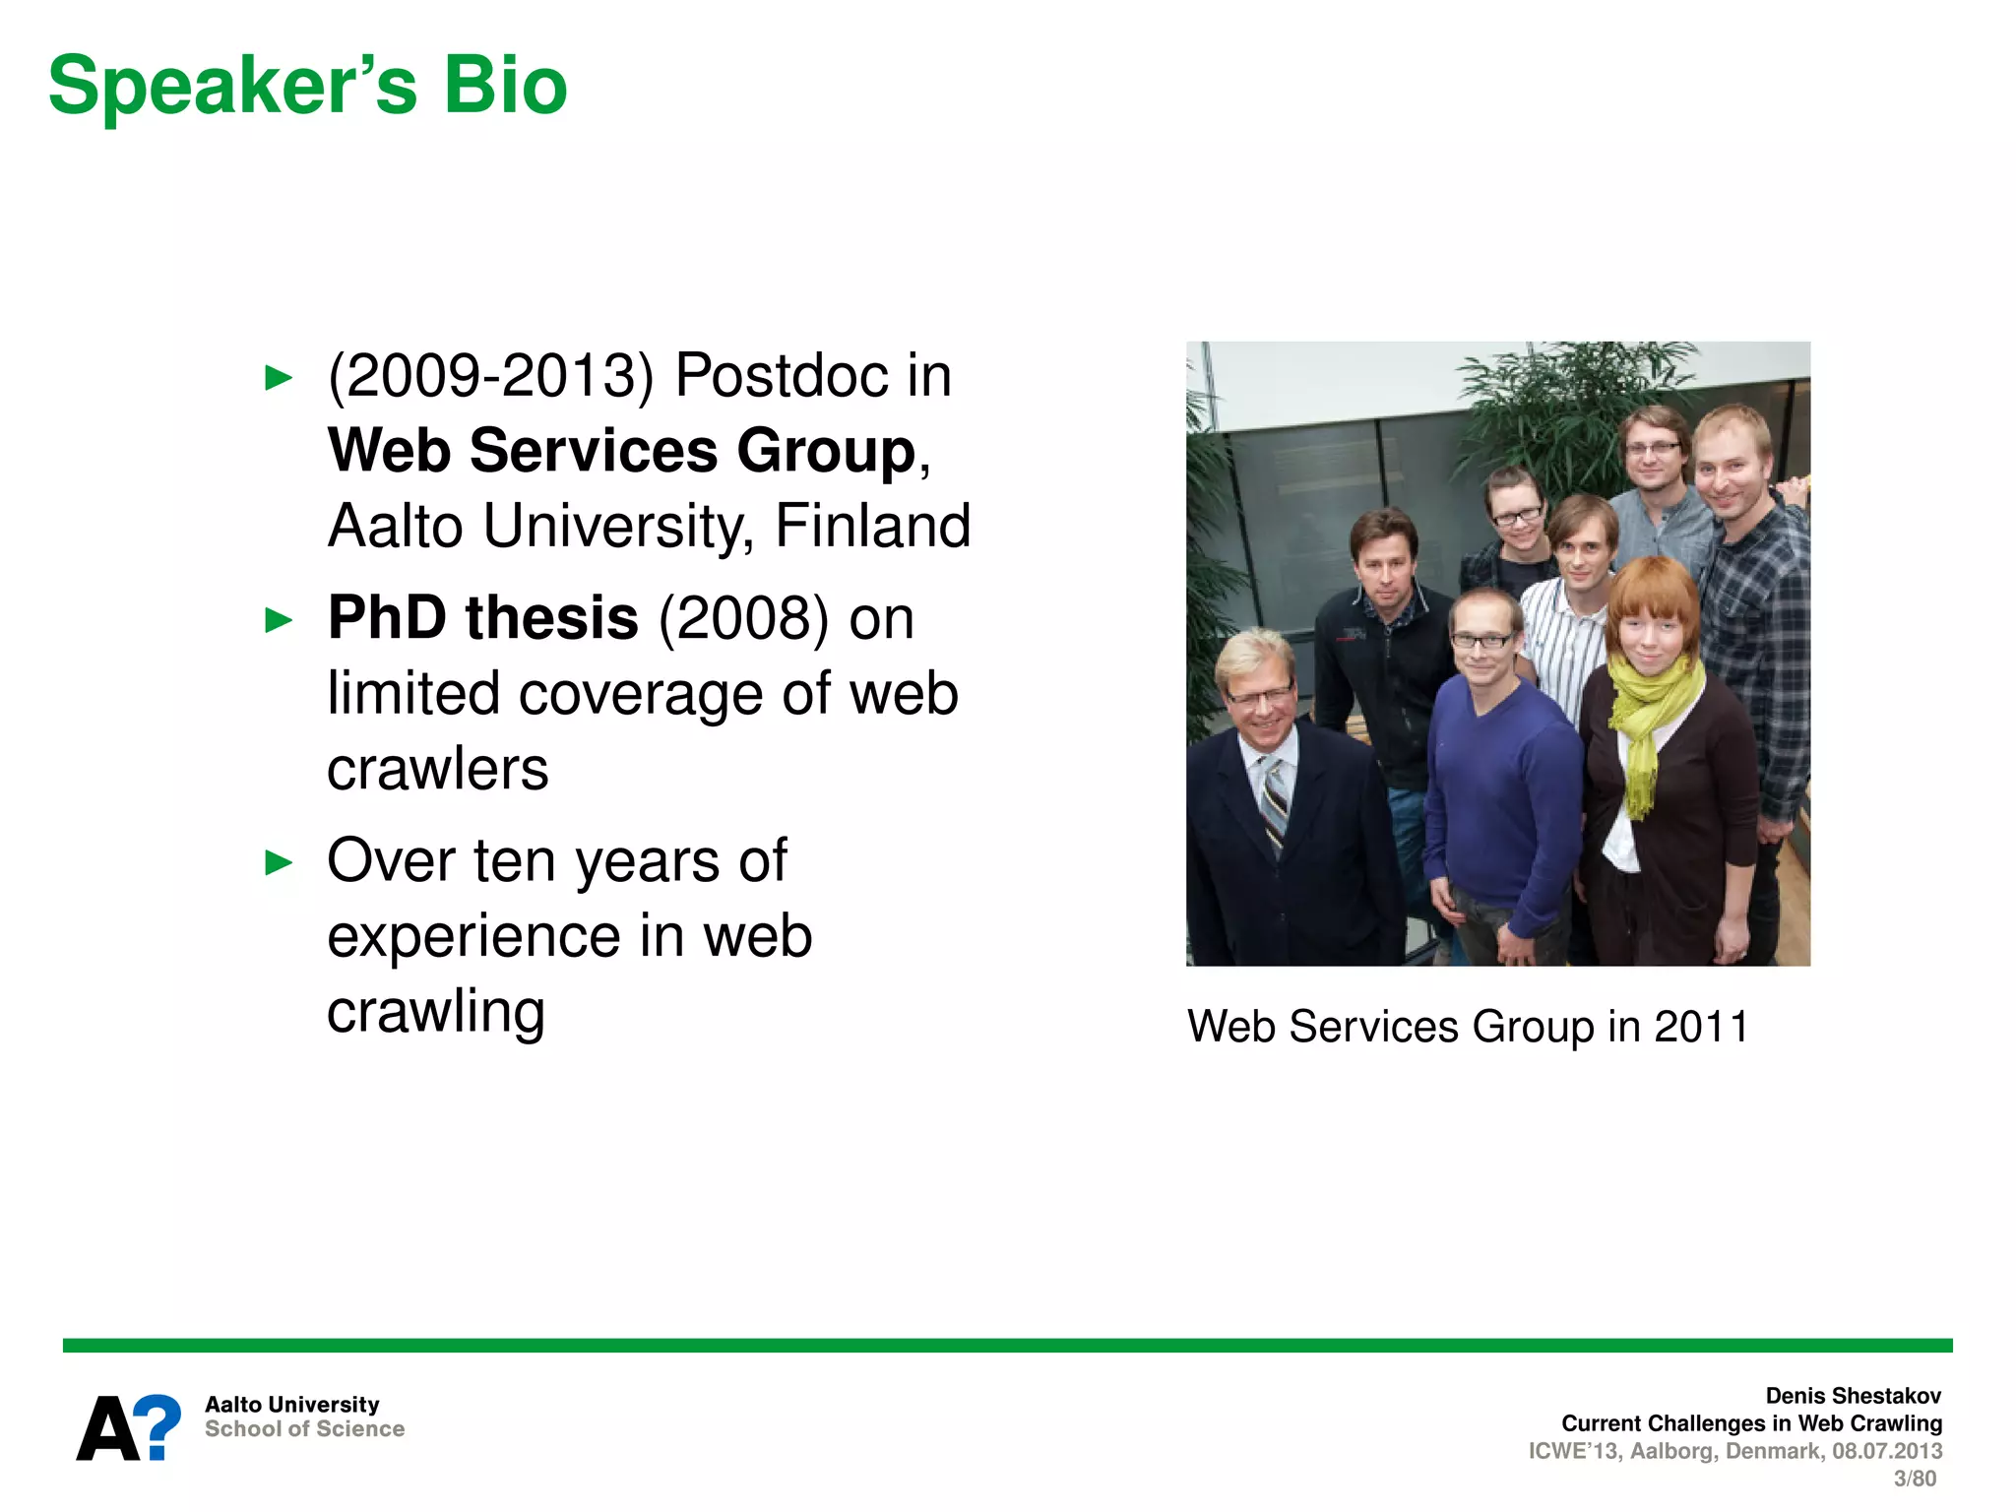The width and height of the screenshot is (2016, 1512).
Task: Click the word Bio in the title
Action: point(505,86)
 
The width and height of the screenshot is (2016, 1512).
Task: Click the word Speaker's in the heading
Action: point(232,86)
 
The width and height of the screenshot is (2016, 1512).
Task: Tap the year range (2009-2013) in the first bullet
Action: point(490,376)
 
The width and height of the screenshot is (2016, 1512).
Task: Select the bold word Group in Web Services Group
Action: point(825,451)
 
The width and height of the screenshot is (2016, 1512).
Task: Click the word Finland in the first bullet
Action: point(872,526)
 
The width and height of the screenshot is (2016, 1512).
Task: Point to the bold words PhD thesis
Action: point(482,618)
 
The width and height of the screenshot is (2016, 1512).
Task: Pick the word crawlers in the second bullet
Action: point(437,769)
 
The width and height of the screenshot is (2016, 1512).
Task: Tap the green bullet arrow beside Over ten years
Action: point(280,863)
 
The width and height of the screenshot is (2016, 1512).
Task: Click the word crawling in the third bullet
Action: point(435,1012)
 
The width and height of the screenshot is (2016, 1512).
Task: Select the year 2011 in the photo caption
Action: point(1700,1027)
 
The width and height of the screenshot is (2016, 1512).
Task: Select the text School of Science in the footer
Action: point(304,1429)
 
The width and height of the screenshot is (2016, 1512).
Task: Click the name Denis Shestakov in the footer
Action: point(1853,1396)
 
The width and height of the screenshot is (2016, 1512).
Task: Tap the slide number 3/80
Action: point(1914,1479)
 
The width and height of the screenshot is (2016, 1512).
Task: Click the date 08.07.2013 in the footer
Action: point(1886,1451)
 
